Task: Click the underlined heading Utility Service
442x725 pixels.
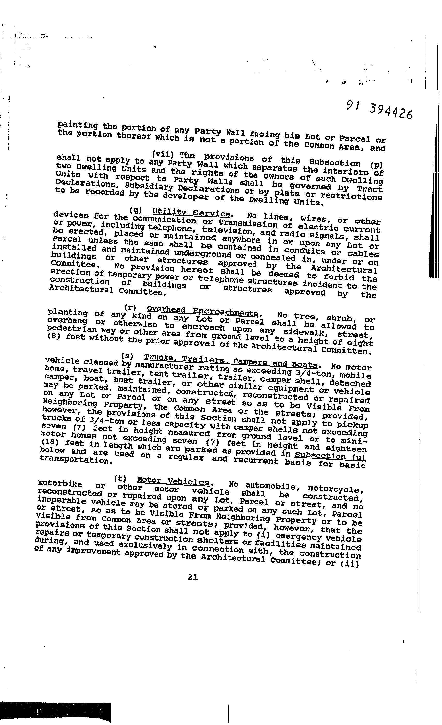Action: pyautogui.click(x=191, y=213)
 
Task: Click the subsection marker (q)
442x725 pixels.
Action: pyautogui.click(x=136, y=210)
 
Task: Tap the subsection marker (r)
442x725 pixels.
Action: pyautogui.click(x=130, y=308)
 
